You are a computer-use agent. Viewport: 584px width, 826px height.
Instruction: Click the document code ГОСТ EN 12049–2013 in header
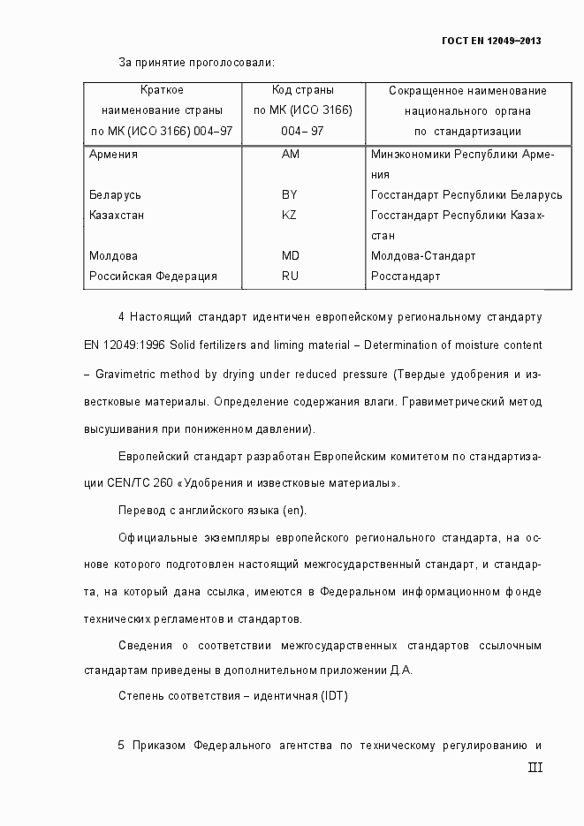point(490,41)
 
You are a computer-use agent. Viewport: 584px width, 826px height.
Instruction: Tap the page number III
point(535,768)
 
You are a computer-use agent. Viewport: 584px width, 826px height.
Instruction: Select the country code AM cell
point(290,154)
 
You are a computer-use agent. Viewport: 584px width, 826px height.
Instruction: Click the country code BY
point(289,194)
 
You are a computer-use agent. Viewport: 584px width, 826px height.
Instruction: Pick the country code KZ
point(289,215)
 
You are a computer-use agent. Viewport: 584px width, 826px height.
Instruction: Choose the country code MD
point(290,255)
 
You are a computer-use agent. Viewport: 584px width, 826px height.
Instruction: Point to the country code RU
point(290,276)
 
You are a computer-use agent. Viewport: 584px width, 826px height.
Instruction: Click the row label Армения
point(113,154)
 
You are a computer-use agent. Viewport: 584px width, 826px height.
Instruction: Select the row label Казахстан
point(117,215)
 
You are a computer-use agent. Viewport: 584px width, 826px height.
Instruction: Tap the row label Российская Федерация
point(153,276)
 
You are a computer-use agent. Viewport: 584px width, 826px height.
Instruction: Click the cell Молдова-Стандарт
point(423,255)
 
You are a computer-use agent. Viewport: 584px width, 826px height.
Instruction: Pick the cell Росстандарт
point(406,276)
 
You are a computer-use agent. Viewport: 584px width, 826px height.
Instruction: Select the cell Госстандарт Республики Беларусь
point(466,194)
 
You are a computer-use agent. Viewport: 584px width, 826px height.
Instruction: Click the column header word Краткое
point(162,90)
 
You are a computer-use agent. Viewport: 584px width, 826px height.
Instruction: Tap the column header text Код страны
point(302,90)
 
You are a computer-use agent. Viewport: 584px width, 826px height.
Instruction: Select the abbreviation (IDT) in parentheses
point(334,695)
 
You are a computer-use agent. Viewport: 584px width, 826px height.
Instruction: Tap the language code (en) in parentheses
point(293,511)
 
